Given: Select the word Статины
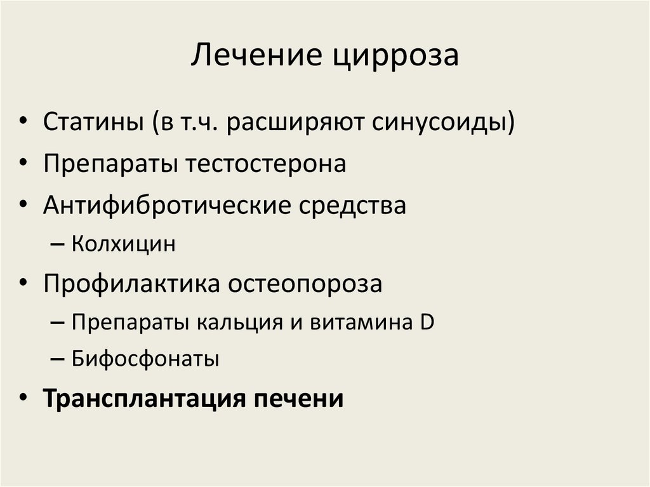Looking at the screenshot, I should click(x=91, y=122).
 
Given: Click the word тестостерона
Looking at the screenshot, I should click(x=266, y=164).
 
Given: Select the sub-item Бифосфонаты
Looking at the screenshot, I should click(x=145, y=359).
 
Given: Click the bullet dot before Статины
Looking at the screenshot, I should click(x=23, y=123).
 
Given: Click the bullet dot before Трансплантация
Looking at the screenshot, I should click(x=23, y=400).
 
